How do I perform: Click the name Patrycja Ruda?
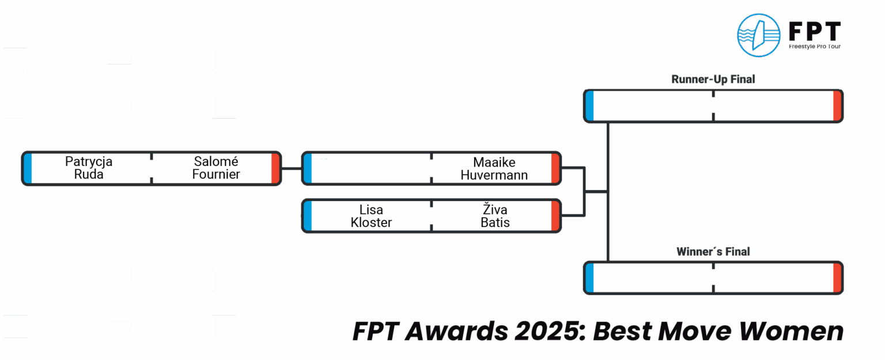pos(89,168)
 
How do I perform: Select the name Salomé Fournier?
pos(216,168)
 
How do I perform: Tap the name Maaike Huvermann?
pos(494,169)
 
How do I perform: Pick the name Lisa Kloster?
pos(371,216)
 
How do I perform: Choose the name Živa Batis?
pos(495,216)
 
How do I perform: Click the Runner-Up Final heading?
pos(713,79)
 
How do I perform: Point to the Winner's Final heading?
pos(713,252)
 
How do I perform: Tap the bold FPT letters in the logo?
pos(814,30)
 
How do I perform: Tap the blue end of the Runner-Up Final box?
pos(589,105)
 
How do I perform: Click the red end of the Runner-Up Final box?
pos(837,105)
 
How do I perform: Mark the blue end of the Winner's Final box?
pos(589,278)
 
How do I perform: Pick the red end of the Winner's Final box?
pos(837,278)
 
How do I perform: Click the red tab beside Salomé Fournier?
pos(276,168)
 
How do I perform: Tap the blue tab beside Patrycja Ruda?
pos(28,168)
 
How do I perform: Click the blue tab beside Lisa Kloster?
pos(307,216)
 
